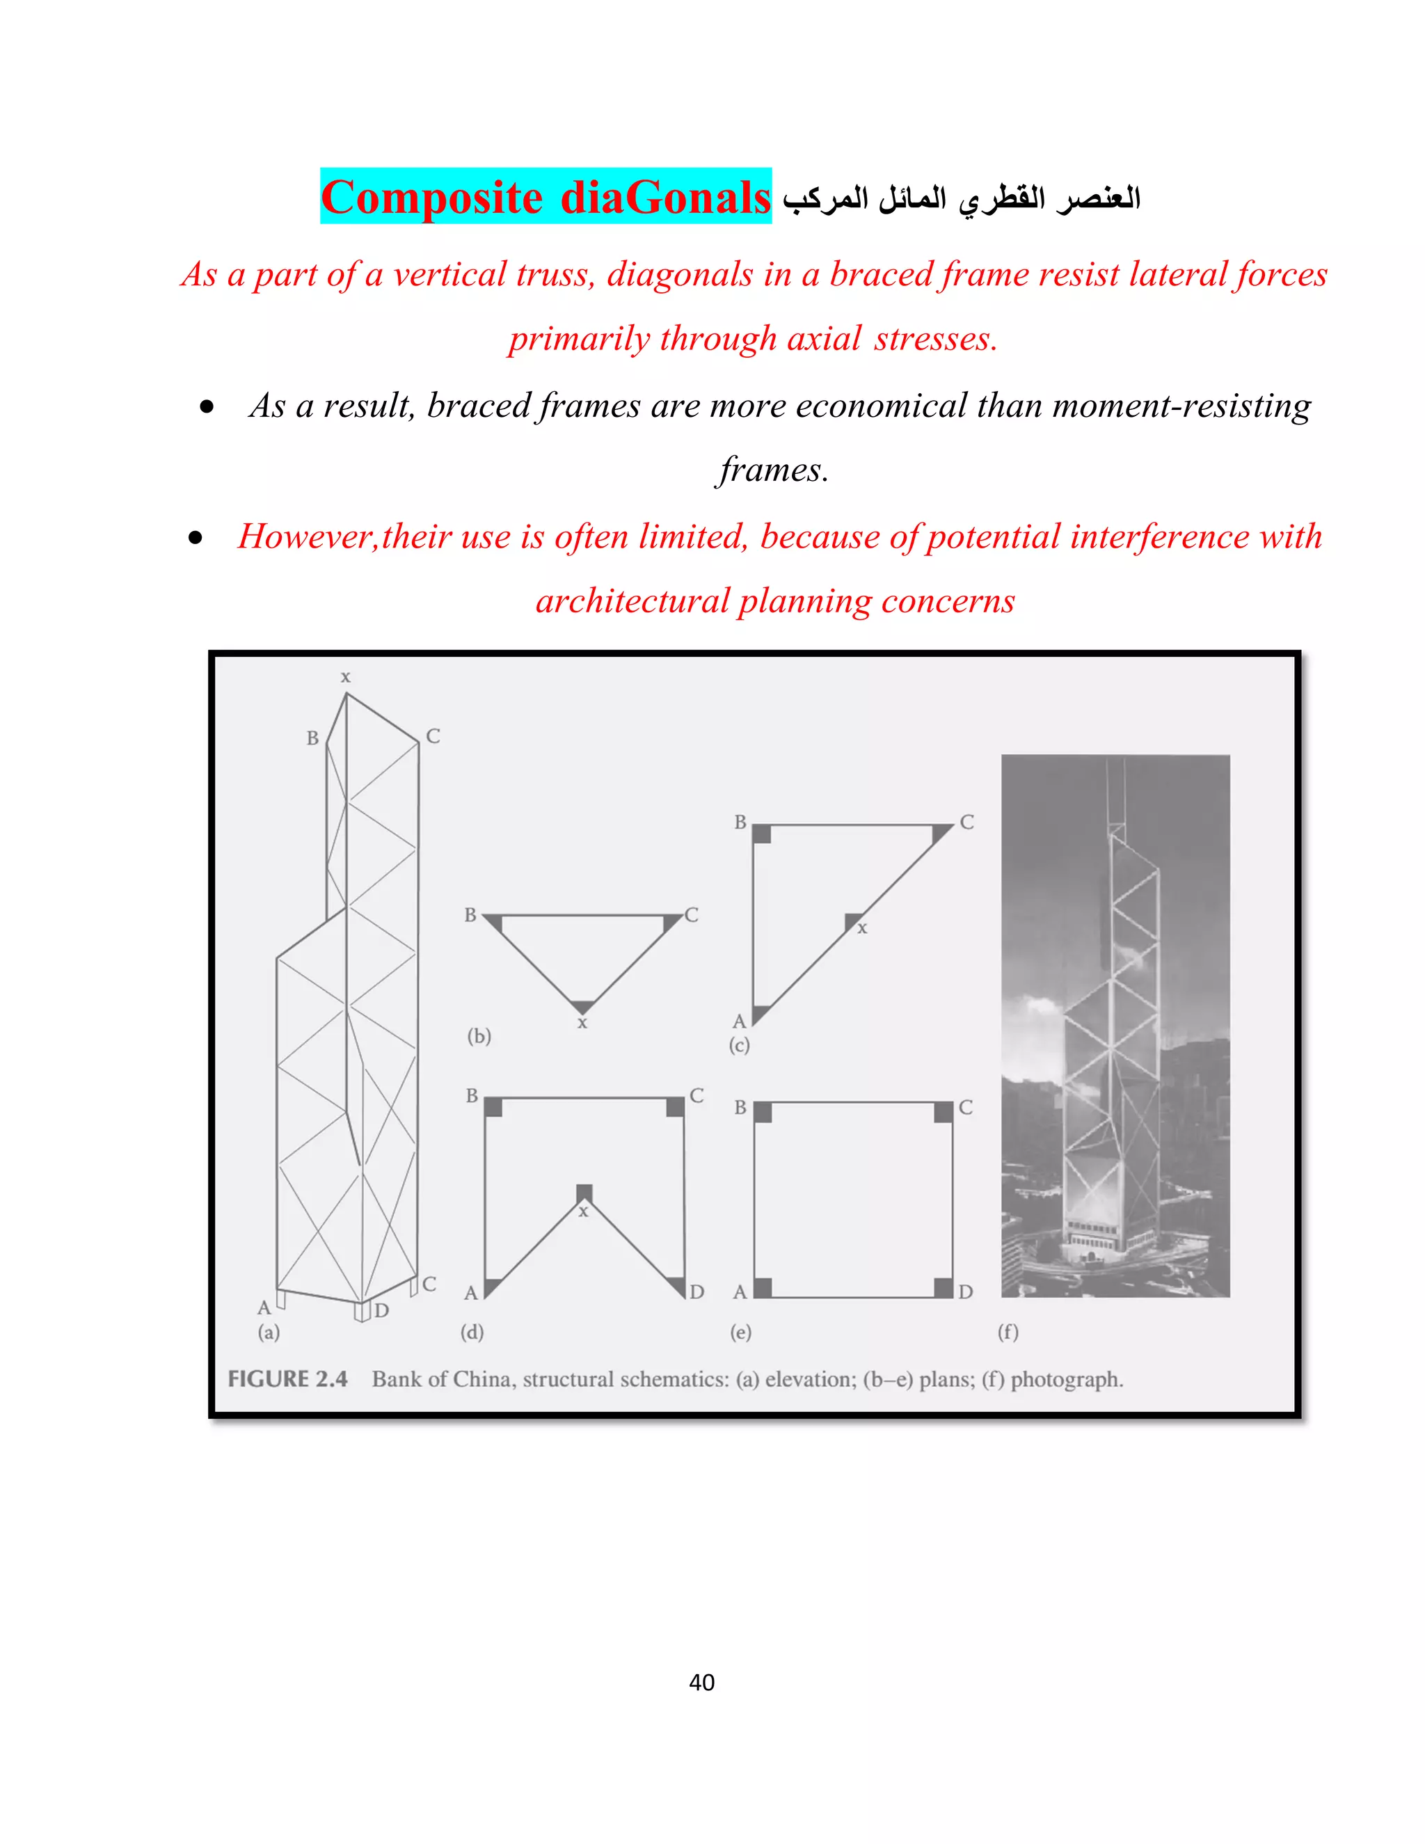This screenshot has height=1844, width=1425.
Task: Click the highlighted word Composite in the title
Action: tap(431, 198)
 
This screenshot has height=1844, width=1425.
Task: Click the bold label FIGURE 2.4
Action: tap(287, 1378)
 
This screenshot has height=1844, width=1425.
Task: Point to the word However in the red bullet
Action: tap(305, 537)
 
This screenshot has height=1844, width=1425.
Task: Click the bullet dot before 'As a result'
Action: tap(207, 408)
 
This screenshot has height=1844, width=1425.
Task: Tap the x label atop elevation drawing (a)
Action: tap(345, 677)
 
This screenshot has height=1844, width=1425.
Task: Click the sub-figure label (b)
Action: tap(479, 1036)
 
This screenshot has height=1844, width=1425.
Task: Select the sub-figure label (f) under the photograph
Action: tap(1008, 1331)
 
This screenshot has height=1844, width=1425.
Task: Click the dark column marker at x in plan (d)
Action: tap(584, 1193)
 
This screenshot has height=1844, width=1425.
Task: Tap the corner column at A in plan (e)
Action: tap(763, 1287)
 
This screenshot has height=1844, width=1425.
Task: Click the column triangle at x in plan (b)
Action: tap(582, 1006)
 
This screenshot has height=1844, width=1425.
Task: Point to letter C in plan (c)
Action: tap(966, 822)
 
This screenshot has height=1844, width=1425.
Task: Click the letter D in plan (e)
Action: tap(966, 1291)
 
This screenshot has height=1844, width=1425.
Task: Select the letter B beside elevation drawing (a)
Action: tap(312, 738)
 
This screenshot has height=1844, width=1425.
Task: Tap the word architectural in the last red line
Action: tap(632, 601)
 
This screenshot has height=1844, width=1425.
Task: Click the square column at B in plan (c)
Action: tap(761, 834)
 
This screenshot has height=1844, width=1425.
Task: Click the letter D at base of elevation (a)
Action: tap(381, 1310)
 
